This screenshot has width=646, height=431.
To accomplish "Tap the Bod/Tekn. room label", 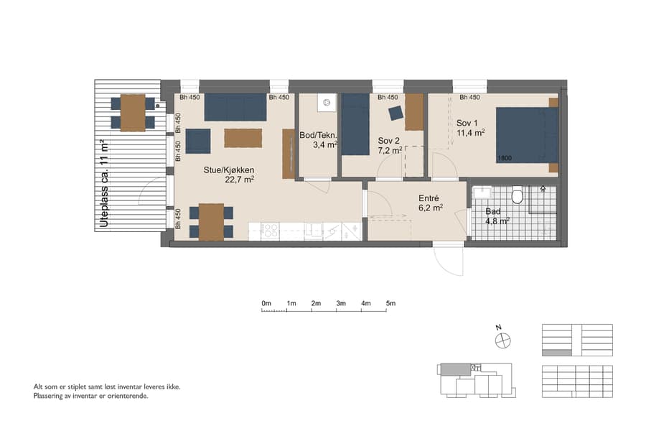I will pyautogui.click(x=318, y=135).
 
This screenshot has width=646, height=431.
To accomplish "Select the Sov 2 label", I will pyautogui.click(x=388, y=140).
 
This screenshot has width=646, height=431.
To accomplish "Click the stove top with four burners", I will pyautogui.click(x=270, y=231).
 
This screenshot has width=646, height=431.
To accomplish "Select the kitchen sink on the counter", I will pyautogui.click(x=313, y=230).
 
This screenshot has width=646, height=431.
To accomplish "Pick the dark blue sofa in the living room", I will pyautogui.click(x=235, y=108).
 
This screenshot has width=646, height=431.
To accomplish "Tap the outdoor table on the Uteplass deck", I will pyautogui.click(x=133, y=113).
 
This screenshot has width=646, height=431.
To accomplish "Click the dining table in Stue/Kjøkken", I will pyautogui.click(x=211, y=222).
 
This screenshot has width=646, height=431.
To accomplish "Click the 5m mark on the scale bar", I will pyautogui.click(x=390, y=304).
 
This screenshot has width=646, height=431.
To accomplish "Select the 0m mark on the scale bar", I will pyautogui.click(x=266, y=304).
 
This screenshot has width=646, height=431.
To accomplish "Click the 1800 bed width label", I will pyautogui.click(x=505, y=158).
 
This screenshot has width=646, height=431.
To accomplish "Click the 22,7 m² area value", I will pyautogui.click(x=240, y=180).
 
